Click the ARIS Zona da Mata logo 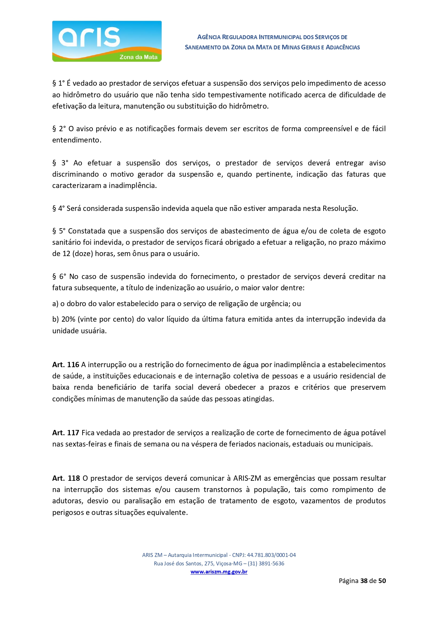point(107,41)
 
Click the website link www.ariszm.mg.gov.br point(219,572)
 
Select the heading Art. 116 point(66,365)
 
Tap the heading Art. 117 point(66,433)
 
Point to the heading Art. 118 point(66,478)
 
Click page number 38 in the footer point(364,581)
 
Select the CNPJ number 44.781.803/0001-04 point(271,555)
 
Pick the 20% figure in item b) point(68,319)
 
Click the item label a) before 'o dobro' point(55,304)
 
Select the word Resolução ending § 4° point(340,208)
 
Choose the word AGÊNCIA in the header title point(209,37)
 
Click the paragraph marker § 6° point(59,277)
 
